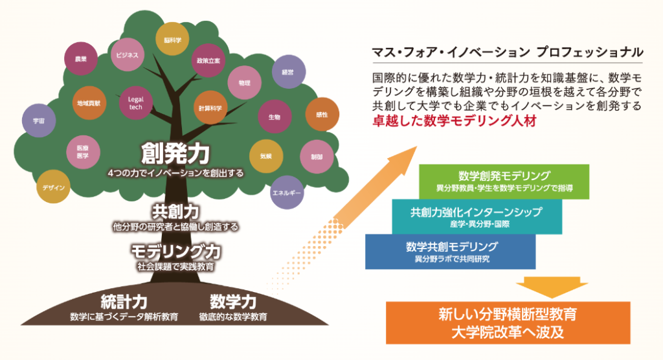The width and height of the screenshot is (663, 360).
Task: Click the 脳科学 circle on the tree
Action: click(x=172, y=39)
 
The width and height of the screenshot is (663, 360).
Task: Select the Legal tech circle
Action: click(x=135, y=103)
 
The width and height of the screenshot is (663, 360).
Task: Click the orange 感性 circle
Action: click(x=322, y=114)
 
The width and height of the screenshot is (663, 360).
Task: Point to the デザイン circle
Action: click(x=53, y=187)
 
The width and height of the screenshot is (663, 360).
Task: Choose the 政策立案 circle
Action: click(x=208, y=60)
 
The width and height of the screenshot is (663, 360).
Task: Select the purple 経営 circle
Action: click(x=287, y=73)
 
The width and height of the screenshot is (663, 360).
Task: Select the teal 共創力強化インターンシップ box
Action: click(x=477, y=216)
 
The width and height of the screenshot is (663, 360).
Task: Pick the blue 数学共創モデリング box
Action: click(x=451, y=251)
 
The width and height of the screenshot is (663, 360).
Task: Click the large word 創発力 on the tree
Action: click(x=175, y=153)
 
